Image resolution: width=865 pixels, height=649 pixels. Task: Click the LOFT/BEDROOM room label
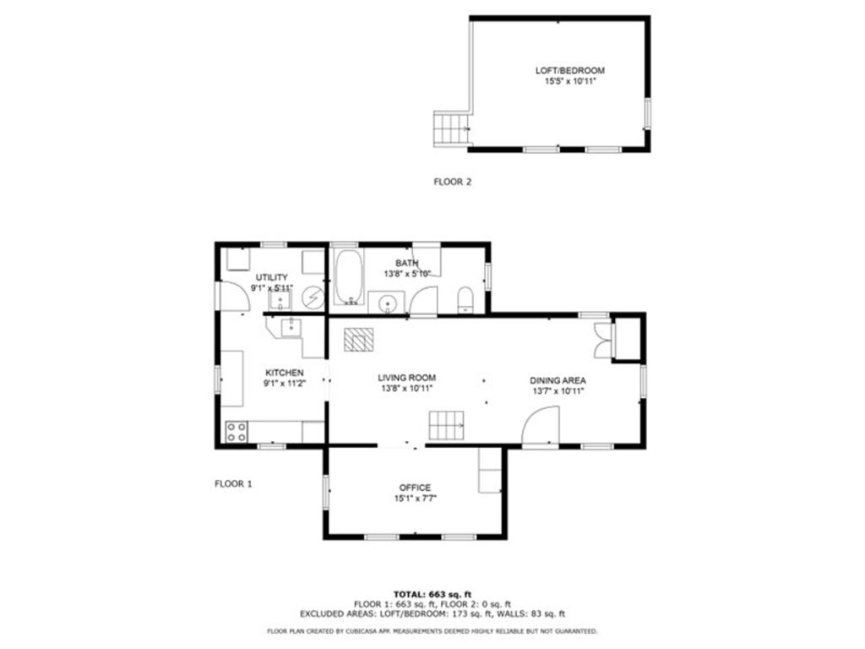pos(569,71)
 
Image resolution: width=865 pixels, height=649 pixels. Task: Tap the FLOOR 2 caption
pos(452,181)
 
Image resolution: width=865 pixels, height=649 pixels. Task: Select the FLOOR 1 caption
pos(233,484)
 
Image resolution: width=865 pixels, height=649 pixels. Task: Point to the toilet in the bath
pos(465,299)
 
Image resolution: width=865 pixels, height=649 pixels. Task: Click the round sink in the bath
pos(389,302)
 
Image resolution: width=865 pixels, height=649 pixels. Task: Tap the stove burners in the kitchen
pos(237,432)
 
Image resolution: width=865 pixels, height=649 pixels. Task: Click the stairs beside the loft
pos(451,129)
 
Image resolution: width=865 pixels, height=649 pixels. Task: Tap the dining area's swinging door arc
pos(541,424)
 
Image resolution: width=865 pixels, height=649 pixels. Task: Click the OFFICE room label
pos(415,488)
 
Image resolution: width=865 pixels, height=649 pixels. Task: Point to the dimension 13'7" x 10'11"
pos(558,391)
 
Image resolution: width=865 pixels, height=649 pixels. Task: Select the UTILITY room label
pos(272,277)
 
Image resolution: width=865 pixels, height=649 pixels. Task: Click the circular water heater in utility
pos(313,297)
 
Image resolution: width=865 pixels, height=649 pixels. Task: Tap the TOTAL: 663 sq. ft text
pos(432,594)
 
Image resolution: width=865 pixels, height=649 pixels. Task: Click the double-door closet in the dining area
pos(602,341)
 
